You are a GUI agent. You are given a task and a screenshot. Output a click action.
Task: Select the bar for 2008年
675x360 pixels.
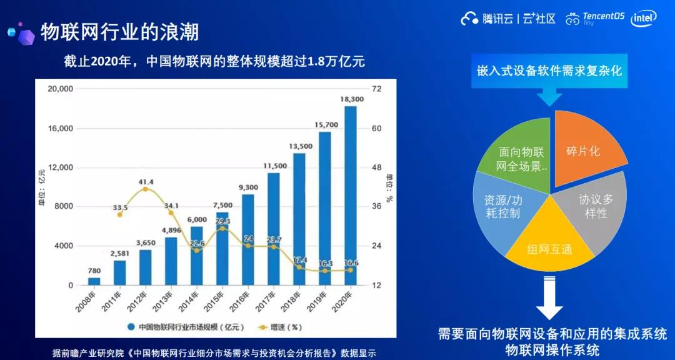pos(94,281)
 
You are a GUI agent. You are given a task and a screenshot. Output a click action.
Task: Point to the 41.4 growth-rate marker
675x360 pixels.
pos(145,188)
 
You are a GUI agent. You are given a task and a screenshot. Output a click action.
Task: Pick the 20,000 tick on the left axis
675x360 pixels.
pos(61,89)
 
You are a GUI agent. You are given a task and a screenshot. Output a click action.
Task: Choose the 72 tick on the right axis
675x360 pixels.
pos(376,89)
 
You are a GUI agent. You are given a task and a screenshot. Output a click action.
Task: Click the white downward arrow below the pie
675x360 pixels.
pos(549,300)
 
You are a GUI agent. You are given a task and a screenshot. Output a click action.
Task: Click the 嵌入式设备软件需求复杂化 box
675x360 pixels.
pos(549,71)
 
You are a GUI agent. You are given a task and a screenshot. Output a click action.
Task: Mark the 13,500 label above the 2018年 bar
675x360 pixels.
pos(299,146)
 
